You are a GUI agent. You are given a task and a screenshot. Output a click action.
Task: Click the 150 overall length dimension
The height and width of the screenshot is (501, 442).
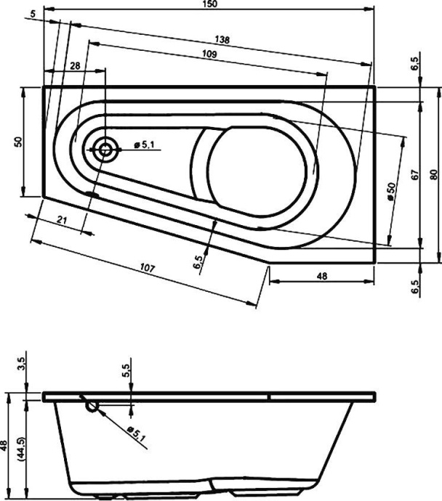[213, 5]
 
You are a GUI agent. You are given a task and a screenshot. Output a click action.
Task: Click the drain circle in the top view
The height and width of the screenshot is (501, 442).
[105, 150]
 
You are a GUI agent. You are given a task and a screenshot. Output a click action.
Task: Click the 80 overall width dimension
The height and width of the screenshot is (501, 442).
[434, 174]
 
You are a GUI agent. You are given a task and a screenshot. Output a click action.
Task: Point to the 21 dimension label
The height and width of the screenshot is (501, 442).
[63, 221]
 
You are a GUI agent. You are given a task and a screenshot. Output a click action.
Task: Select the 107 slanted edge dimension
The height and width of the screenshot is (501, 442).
[148, 269]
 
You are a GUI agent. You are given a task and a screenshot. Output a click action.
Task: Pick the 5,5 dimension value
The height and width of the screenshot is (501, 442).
[126, 372]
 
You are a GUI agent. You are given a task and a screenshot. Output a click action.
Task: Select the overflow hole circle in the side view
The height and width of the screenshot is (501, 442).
[92, 407]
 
